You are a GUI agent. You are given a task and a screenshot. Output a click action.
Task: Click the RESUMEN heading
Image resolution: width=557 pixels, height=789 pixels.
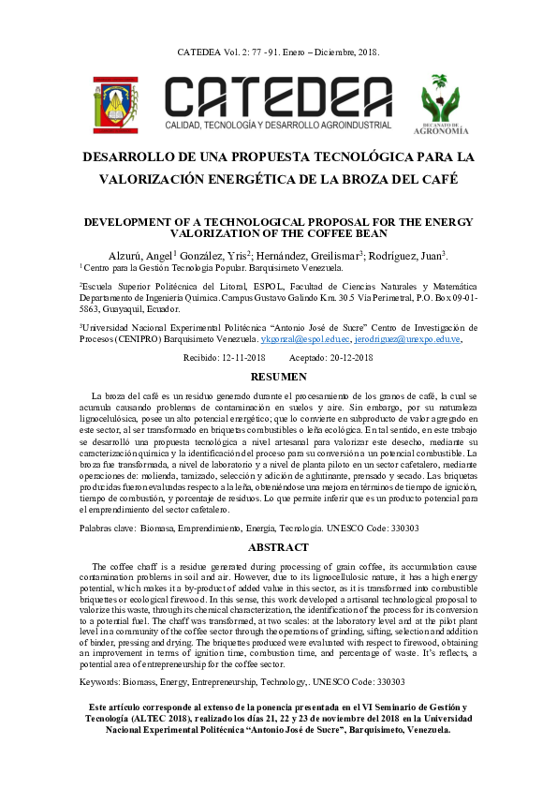(278, 377)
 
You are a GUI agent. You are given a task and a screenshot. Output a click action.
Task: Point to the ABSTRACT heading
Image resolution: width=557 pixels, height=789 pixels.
(278, 547)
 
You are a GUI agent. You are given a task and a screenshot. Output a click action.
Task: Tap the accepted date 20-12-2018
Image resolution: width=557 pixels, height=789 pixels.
(346, 358)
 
